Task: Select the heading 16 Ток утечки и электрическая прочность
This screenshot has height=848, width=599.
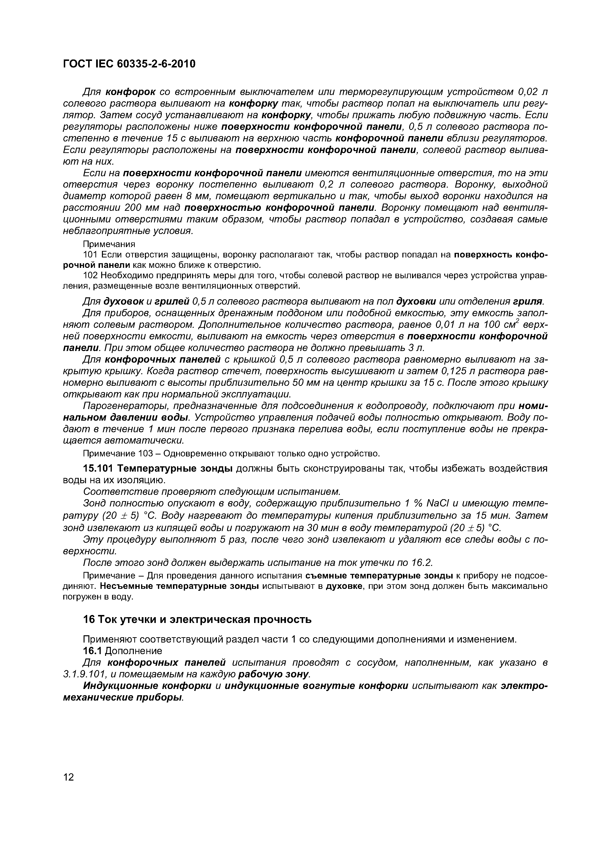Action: click(197, 619)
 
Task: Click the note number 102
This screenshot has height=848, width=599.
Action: click(90, 276)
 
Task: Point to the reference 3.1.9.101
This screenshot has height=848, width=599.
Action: click(85, 674)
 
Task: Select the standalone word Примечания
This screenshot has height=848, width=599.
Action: click(109, 244)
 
